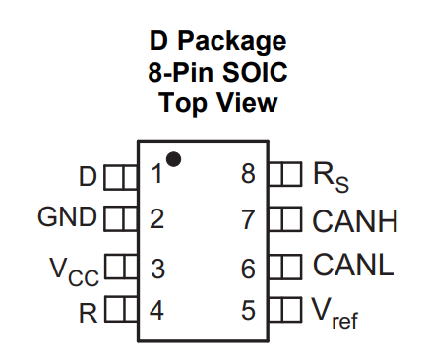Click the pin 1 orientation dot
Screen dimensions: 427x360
tap(173, 159)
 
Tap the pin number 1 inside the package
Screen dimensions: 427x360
tap(157, 174)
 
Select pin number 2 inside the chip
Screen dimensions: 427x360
tap(156, 219)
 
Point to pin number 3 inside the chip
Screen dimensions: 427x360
tap(157, 269)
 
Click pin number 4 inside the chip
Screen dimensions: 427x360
tap(156, 311)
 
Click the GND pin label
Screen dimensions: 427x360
tap(68, 216)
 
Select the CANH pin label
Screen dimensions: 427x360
tap(355, 221)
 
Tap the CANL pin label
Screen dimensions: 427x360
tap(353, 265)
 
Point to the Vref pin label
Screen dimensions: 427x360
tap(335, 313)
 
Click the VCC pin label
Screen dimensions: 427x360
tap(74, 271)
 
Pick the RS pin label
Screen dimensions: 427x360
tap(331, 177)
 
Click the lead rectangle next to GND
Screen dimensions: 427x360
tap(121, 218)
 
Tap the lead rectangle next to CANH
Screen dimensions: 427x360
tap(285, 219)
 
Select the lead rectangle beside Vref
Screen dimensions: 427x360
tap(285, 310)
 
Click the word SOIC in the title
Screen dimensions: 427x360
tap(255, 72)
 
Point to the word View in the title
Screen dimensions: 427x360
tap(247, 102)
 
